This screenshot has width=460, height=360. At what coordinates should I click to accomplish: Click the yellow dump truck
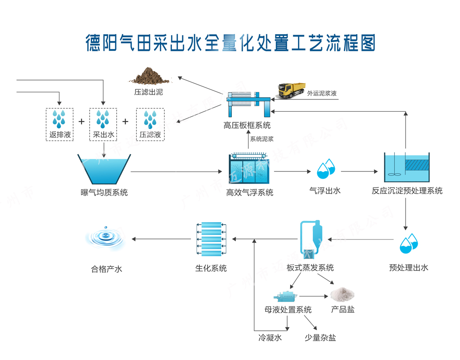(x=291, y=90)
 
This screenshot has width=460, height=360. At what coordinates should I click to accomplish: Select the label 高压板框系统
(x=247, y=125)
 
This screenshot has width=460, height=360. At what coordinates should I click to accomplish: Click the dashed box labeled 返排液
(x=59, y=124)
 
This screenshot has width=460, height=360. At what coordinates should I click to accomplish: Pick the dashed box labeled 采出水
(x=103, y=124)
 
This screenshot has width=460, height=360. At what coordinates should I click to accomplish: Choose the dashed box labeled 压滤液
(x=150, y=124)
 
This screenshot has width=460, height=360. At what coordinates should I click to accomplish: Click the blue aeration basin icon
(x=104, y=169)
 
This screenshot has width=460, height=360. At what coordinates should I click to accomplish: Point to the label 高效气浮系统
(x=250, y=193)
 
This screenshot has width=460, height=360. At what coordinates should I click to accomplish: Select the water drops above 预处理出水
(x=409, y=243)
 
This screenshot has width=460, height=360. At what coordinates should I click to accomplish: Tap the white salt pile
(x=342, y=295)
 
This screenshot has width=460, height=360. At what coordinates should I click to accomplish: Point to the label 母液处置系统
(x=288, y=310)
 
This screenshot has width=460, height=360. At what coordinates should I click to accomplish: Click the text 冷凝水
(x=270, y=337)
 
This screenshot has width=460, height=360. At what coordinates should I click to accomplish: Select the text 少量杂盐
(x=320, y=337)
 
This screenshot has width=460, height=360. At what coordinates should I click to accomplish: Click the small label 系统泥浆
(x=262, y=139)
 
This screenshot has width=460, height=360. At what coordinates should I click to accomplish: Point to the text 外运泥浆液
(x=322, y=94)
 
